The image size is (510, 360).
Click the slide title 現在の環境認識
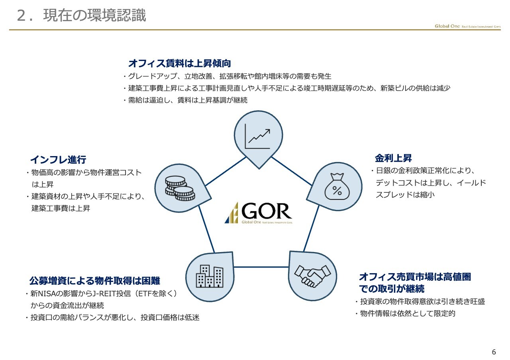pyautogui.click(x=94, y=16)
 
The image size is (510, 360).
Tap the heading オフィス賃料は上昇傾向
pyautogui.click(x=180, y=63)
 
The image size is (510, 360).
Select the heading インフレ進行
pyautogui.click(x=58, y=160)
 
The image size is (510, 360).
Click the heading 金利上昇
pyautogui.click(x=393, y=158)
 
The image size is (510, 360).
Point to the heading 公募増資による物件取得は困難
pyautogui.click(x=95, y=281)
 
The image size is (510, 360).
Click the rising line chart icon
pyautogui.click(x=257, y=136)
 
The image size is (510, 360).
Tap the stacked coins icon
pyautogui.click(x=180, y=188)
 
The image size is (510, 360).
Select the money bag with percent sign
pyautogui.click(x=337, y=187)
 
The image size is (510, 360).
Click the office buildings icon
pyautogui.click(x=210, y=276)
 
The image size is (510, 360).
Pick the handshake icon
pyautogui.click(x=312, y=276)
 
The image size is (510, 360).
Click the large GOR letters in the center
pyautogui.click(x=267, y=211)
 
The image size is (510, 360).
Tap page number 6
pyautogui.click(x=494, y=352)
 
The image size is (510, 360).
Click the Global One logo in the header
pyautogui.click(x=467, y=26)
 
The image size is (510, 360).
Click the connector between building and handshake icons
pyautogui.click(x=261, y=267)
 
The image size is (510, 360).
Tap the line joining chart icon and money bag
pyautogui.click(x=292, y=171)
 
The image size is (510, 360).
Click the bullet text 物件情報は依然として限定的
pyautogui.click(x=408, y=313)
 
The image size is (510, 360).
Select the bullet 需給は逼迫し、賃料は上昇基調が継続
pyautogui.click(x=188, y=100)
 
